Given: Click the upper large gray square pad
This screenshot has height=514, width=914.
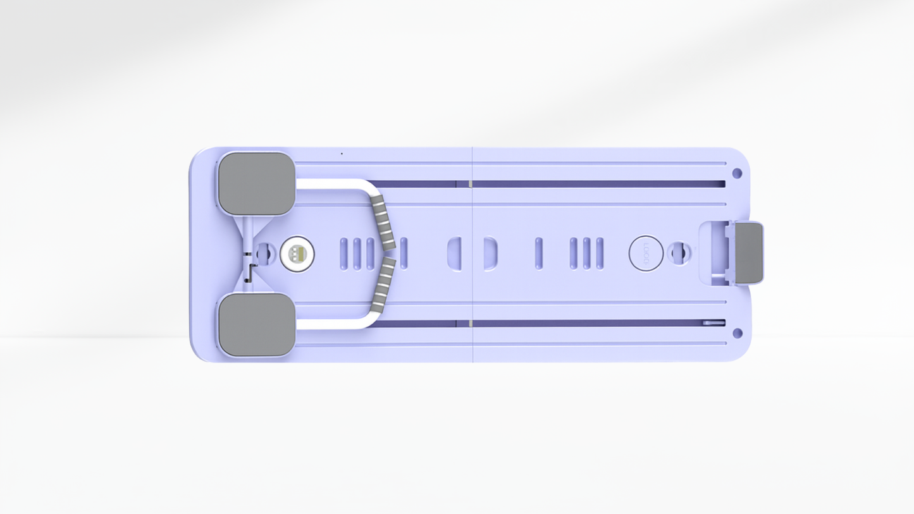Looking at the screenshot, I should (x=256, y=183).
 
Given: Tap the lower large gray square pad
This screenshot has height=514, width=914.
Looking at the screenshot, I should (x=256, y=324).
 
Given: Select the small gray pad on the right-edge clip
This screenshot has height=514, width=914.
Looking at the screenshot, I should (x=749, y=252).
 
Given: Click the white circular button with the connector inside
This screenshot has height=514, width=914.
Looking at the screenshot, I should (x=297, y=254).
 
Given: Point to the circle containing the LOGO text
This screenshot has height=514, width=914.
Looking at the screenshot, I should (x=646, y=254).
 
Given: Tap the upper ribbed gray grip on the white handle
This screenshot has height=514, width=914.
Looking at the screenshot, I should (x=383, y=222).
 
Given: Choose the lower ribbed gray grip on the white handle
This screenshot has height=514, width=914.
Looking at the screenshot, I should (x=383, y=285).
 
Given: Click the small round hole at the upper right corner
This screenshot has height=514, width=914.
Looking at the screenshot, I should (x=737, y=173).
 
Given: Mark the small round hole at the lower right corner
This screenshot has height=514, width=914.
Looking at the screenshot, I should (x=737, y=333).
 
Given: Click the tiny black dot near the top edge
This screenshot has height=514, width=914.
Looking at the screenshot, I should (x=342, y=154).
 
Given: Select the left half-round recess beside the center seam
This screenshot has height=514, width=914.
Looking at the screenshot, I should (x=455, y=254).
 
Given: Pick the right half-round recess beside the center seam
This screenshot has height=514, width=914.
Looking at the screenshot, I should (x=490, y=254).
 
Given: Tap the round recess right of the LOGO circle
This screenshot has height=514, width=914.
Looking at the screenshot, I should (x=678, y=253).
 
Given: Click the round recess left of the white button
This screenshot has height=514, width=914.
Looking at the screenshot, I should (x=264, y=254).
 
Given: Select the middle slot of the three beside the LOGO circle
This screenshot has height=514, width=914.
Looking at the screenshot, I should (x=586, y=254).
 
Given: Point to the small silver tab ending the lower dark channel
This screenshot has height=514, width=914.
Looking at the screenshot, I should (x=714, y=323).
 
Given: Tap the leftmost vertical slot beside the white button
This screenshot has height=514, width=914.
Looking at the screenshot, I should (x=343, y=254).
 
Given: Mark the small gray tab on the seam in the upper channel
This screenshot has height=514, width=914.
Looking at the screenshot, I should (x=470, y=184).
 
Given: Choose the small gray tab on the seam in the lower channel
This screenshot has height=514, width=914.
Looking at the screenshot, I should (x=470, y=324).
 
